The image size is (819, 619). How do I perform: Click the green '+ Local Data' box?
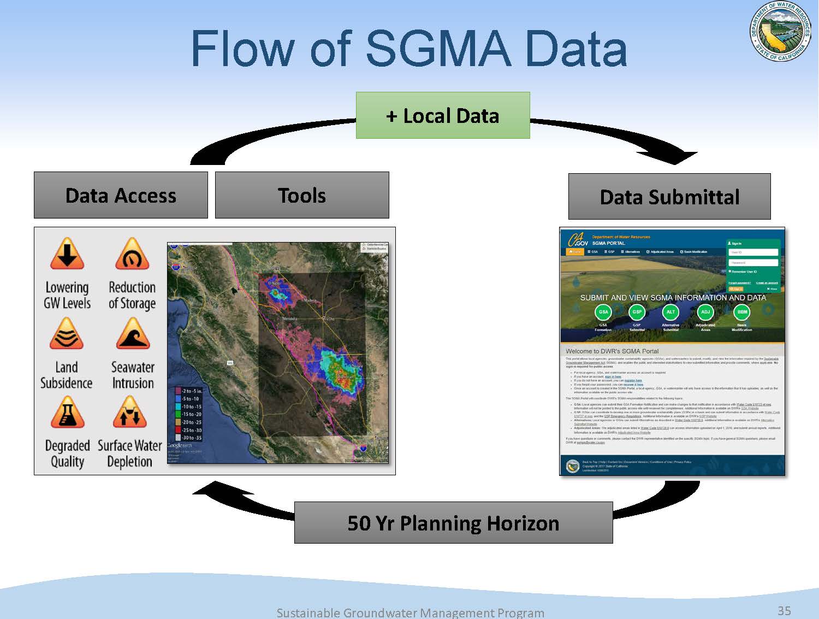443,115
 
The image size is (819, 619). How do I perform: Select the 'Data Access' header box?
121,195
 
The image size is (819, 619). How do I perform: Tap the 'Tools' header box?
302,195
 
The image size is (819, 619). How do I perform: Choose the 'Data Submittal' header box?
669,197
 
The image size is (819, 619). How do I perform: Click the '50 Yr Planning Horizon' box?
453,523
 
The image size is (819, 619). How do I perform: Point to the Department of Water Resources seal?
780,32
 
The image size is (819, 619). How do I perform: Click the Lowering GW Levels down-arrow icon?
67,254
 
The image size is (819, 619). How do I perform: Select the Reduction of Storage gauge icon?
132,254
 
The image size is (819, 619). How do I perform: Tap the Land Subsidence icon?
67,334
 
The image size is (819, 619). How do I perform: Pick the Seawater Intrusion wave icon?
133,334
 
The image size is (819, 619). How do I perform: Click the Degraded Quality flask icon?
67,412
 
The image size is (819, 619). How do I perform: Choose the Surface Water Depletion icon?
130,412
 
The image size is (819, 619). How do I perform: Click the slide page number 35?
784,610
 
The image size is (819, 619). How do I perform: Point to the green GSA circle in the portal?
603,312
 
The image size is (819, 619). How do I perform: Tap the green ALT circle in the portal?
670,312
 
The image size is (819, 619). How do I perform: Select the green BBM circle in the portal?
742,312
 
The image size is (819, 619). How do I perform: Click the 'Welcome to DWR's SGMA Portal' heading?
612,351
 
